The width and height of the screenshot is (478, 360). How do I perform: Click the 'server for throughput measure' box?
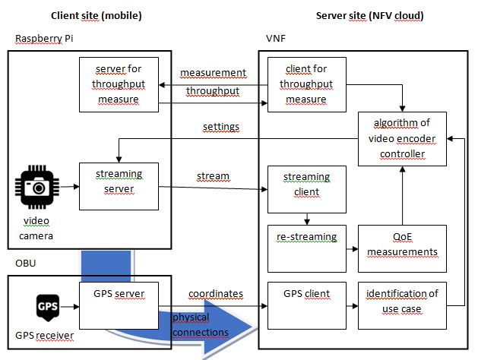point(119,84)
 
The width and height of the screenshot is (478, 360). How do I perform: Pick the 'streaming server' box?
point(119,185)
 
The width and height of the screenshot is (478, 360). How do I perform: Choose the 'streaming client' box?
point(307,185)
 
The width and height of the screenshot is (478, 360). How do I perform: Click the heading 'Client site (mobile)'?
point(96,15)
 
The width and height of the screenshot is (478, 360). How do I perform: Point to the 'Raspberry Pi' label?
point(42,37)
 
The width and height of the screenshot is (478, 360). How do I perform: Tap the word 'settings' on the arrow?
point(221,126)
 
